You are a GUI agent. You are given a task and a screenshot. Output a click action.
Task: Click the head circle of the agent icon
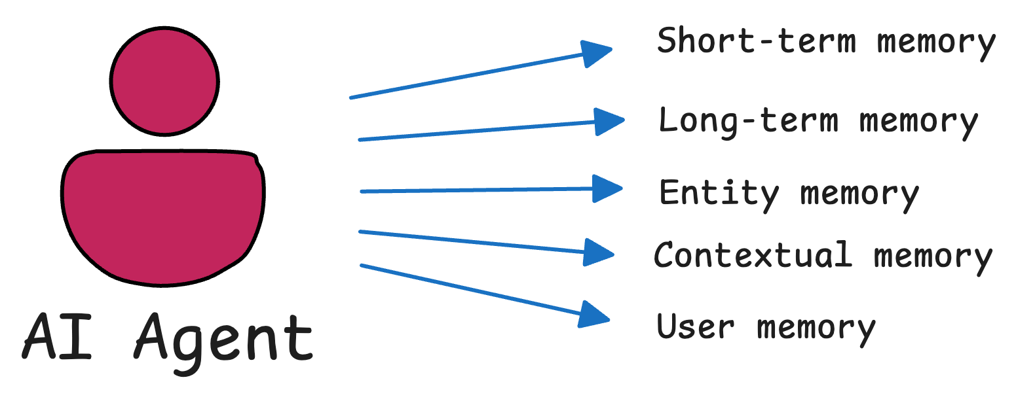click(x=164, y=82)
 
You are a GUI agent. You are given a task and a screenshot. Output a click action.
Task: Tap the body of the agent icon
click(x=164, y=216)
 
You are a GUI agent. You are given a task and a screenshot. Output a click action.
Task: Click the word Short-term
click(x=756, y=41)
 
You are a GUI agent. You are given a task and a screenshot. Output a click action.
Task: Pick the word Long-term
click(x=748, y=121)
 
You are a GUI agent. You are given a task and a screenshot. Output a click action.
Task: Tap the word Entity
click(x=719, y=194)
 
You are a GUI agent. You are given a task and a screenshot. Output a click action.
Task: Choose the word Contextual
click(x=753, y=255)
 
